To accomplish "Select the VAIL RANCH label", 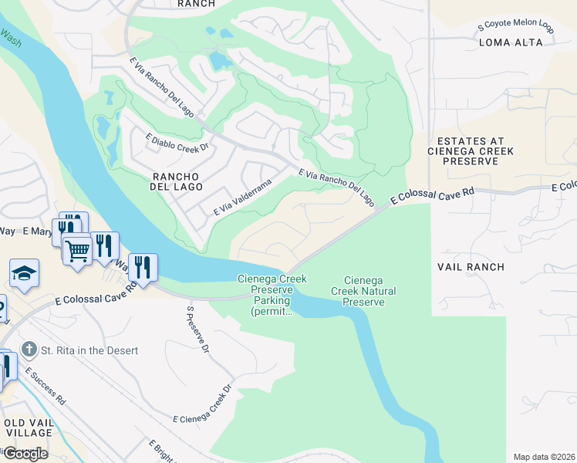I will click(471, 267).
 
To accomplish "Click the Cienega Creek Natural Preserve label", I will click(363, 291).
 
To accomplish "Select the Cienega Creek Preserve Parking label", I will click(272, 295).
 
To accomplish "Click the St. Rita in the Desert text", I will click(90, 350).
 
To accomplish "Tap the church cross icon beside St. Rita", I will click(30, 350).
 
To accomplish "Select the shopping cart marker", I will click(77, 249).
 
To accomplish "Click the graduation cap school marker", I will click(25, 273).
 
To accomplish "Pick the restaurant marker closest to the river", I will click(143, 267).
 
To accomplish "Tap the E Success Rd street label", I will click(44, 387).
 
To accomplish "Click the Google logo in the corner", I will click(25, 453).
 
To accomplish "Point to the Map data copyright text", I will click(544, 457).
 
